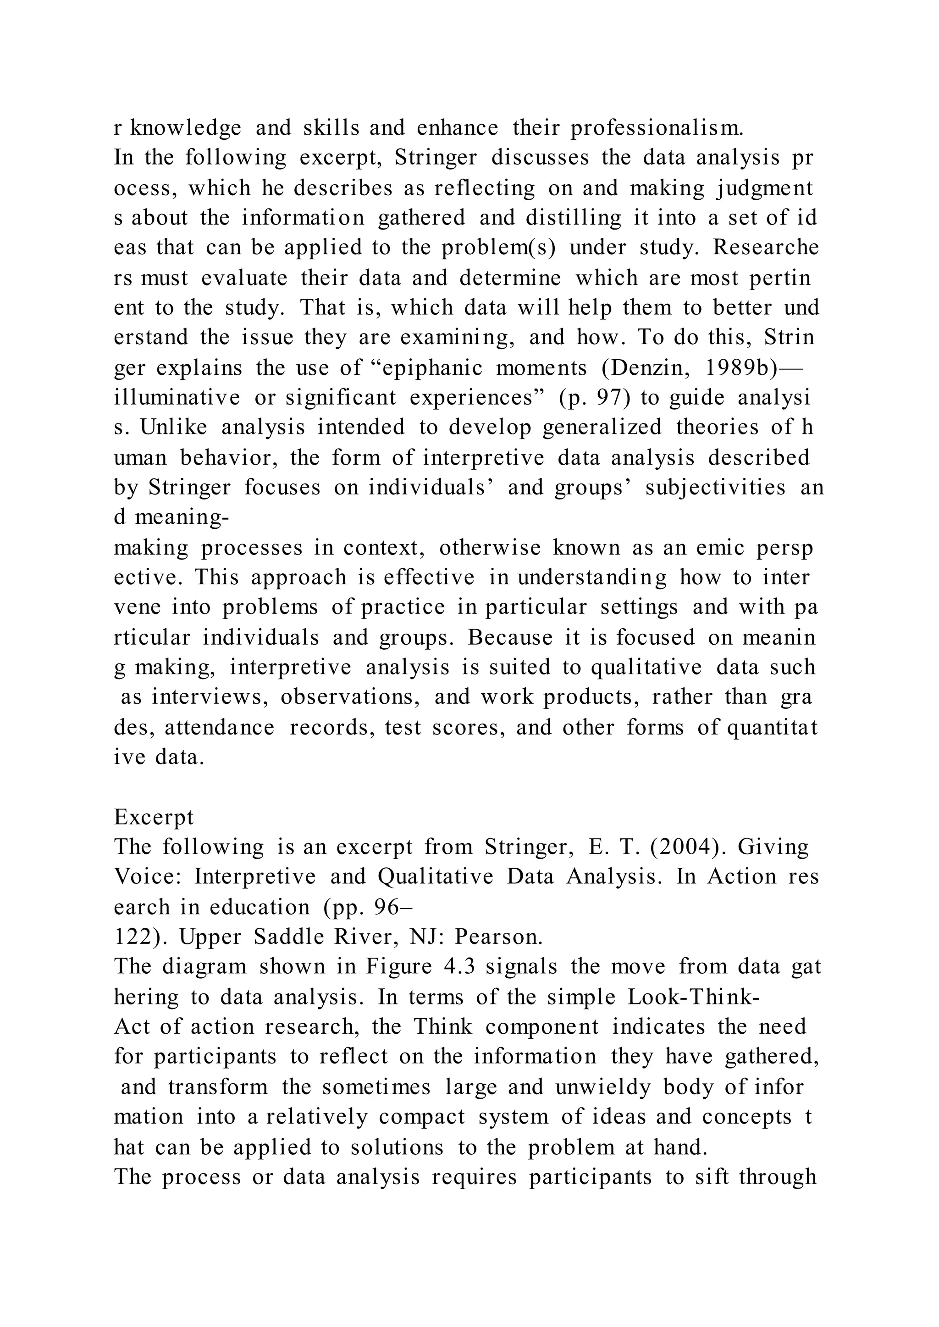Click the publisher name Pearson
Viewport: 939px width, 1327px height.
pyautogui.click(x=498, y=937)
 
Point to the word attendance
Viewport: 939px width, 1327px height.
pyautogui.click(x=220, y=727)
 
